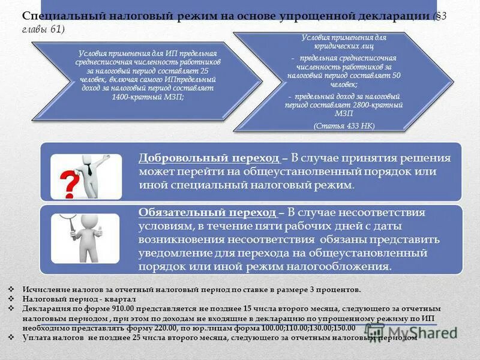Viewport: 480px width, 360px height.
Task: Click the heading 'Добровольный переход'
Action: (x=209, y=158)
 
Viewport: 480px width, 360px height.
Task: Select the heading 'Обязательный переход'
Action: (x=207, y=212)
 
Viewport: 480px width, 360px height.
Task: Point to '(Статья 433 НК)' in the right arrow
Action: (x=344, y=126)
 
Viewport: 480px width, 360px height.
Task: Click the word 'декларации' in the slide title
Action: (x=395, y=17)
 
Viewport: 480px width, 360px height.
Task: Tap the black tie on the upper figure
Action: (x=90, y=168)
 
